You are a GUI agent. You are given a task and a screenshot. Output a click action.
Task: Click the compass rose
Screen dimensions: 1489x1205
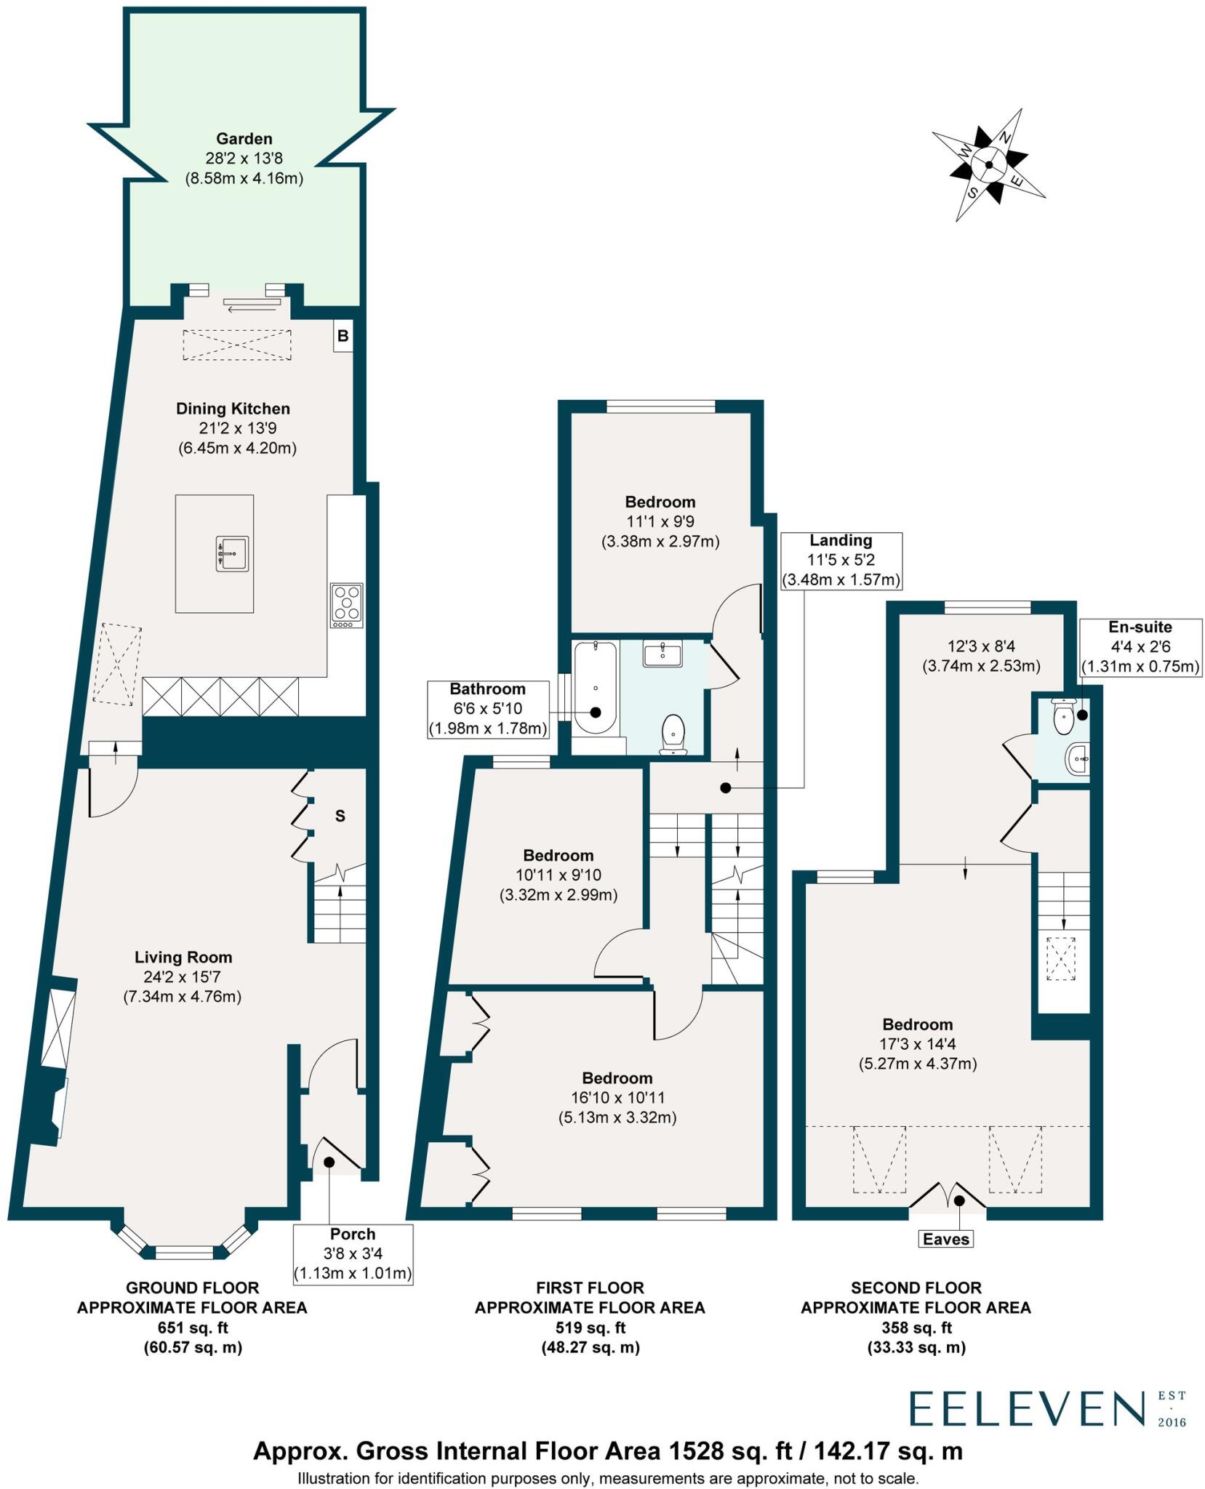988,165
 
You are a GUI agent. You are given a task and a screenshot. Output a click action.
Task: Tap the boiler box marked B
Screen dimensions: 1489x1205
343,336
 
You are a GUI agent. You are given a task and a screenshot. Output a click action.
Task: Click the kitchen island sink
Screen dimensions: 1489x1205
232,554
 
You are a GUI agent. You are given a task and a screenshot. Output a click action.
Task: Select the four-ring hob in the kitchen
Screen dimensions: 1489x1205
346,606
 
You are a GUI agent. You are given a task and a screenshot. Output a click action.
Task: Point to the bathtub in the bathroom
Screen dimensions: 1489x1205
595,688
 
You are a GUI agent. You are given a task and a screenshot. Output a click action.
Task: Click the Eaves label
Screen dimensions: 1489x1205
945,1239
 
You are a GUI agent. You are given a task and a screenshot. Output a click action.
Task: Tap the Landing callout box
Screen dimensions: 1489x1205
841,560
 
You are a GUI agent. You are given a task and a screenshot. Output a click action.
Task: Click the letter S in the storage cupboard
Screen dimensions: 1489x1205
340,816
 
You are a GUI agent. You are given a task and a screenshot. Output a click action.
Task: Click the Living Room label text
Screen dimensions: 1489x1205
183,958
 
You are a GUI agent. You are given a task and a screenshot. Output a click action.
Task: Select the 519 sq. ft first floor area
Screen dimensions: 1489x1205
590,1328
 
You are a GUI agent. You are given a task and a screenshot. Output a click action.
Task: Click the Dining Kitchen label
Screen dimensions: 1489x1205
233,409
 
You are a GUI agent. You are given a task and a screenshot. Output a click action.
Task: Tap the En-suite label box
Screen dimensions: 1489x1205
1140,646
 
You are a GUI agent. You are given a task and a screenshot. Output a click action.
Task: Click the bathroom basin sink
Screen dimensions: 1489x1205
662,653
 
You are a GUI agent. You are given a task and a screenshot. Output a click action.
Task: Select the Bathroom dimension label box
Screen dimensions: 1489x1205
487,708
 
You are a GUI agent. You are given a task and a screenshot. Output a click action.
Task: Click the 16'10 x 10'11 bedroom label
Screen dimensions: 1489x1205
617,1097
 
